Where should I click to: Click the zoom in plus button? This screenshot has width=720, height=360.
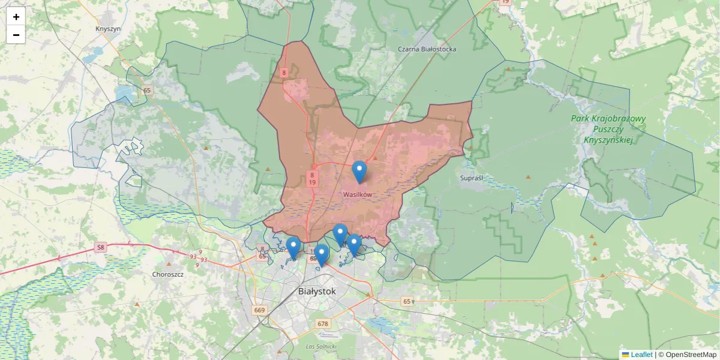pyautogui.click(x=16, y=17)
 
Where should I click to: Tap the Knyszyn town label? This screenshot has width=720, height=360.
pyautogui.click(x=108, y=28)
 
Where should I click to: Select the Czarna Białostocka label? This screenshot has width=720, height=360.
pyautogui.click(x=427, y=49)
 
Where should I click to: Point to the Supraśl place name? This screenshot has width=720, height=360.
pyautogui.click(x=471, y=178)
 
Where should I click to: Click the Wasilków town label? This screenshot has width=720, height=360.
pyautogui.click(x=358, y=194)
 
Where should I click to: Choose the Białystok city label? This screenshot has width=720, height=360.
pyautogui.click(x=317, y=291)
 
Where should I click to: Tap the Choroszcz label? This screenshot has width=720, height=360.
pyautogui.click(x=168, y=274)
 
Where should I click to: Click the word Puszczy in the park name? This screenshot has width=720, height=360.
pyautogui.click(x=608, y=129)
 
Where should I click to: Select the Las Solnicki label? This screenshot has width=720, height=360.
pyautogui.click(x=321, y=347)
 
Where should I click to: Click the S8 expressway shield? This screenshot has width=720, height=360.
pyautogui.click(x=100, y=247)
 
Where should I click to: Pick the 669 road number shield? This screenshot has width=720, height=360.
pyautogui.click(x=259, y=310)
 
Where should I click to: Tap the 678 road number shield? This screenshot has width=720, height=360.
pyautogui.click(x=323, y=323)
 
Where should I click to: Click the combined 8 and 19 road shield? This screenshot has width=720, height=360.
pyautogui.click(x=313, y=178)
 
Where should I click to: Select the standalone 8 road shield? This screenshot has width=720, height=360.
pyautogui.click(x=284, y=73)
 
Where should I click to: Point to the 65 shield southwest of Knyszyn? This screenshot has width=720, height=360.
pyautogui.click(x=148, y=91)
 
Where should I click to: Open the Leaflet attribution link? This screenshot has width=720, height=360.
pyautogui.click(x=641, y=355)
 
